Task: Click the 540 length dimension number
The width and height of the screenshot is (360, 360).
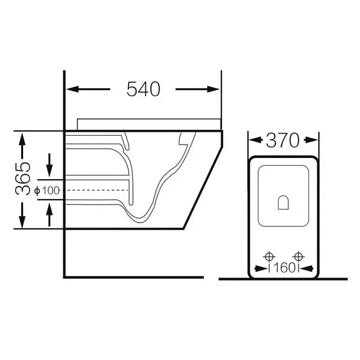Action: [143, 89]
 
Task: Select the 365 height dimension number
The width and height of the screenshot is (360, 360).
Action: [23, 178]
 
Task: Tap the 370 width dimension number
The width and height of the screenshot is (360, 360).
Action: [283, 140]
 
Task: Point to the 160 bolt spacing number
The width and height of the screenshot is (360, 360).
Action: [284, 268]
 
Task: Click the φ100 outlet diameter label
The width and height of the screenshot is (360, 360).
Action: [47, 191]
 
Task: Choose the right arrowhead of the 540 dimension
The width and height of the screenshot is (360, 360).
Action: [214, 89]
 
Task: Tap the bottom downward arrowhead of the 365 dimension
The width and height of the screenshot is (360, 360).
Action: [22, 222]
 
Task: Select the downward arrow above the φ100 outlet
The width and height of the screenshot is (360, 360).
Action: [50, 166]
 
